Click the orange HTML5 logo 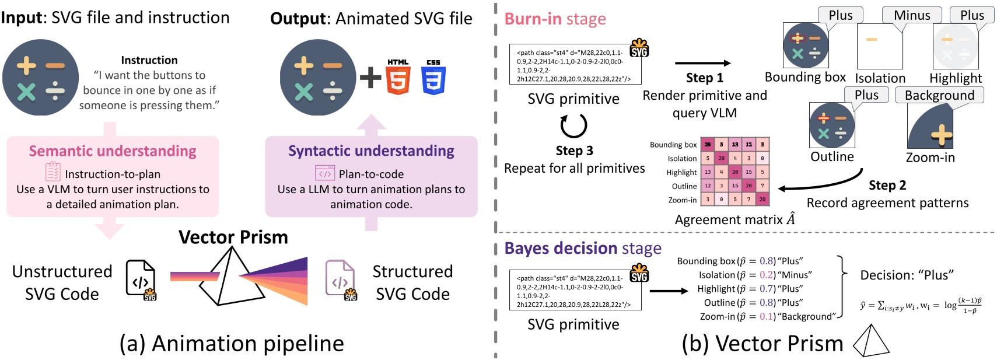tap(398, 78)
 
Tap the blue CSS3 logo tap(433, 78)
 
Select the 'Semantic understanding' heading tap(113, 151)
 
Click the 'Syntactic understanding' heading tap(371, 151)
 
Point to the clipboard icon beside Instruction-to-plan tap(53, 172)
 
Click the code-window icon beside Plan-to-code tap(325, 173)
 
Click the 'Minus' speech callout tap(912, 15)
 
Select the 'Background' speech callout tap(939, 95)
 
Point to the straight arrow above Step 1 tap(702, 63)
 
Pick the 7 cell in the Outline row tap(762, 186)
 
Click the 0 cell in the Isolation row tap(762, 158)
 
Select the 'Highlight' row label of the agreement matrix tap(681, 172)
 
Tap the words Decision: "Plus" tap(907, 275)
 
